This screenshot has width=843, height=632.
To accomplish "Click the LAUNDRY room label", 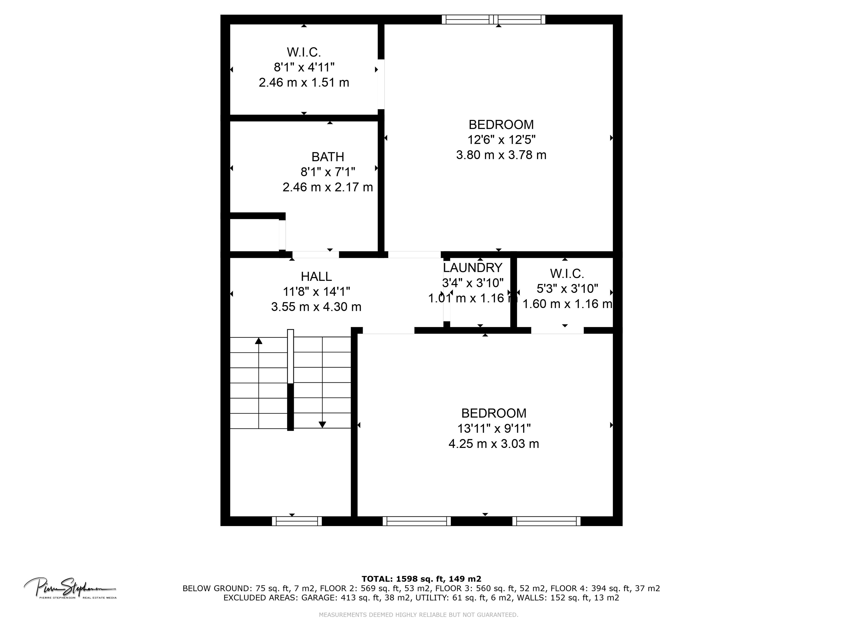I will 472,268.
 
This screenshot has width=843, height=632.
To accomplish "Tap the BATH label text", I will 327,157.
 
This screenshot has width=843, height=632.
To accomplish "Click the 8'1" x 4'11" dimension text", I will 304,67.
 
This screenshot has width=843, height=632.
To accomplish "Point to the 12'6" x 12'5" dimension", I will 501,140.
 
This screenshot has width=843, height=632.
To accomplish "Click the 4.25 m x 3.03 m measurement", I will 493,444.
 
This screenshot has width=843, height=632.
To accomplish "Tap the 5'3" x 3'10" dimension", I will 567,289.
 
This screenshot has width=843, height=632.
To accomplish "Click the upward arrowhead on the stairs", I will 259,341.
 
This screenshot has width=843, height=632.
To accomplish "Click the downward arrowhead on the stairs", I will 322,424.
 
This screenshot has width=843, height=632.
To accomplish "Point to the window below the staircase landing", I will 296,521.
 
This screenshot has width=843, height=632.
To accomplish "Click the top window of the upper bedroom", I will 493,19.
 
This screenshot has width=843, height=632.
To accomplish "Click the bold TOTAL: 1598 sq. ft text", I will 421,579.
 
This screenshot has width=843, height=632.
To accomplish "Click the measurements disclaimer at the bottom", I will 418,614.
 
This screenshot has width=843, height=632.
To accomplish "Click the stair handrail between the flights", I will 290,380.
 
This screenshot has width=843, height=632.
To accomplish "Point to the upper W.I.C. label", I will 304,52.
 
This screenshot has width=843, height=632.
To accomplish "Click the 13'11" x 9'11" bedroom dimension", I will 493,428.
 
